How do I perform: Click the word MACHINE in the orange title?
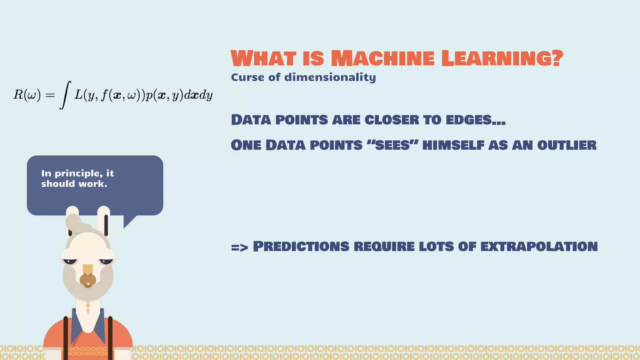tap(382, 58)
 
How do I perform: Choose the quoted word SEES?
tap(392, 145)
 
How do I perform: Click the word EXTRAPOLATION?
tap(539, 247)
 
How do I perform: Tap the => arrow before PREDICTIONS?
tap(239, 247)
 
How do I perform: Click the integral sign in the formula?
tap(65, 95)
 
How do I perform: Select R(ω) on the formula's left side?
tap(27, 95)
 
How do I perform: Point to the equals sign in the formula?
tap(50, 95)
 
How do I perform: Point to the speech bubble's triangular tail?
tap(128, 221)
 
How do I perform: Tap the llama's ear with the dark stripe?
tap(104, 222)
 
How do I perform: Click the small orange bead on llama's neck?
tap(88, 305)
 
